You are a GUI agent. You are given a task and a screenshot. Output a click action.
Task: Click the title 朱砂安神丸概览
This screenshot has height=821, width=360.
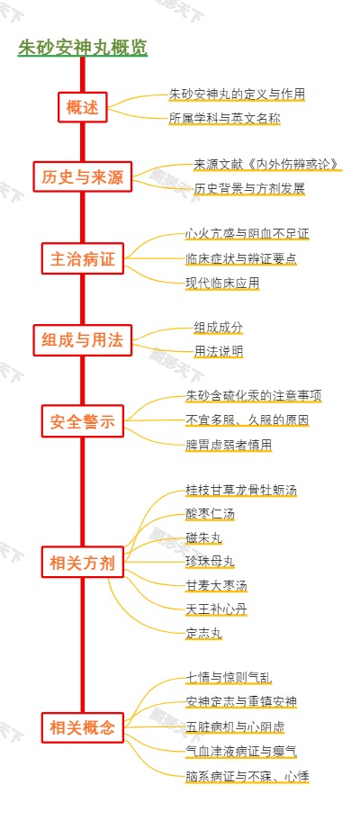pos(83,48)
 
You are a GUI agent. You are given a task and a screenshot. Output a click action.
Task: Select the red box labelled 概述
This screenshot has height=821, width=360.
pos(83,108)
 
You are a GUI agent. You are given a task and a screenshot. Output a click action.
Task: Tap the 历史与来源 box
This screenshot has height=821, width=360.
pos(83,177)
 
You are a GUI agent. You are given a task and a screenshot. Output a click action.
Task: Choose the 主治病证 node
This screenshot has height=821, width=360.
pos(83,259)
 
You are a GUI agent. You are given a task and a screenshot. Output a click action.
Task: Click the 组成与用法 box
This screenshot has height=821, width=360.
pos(83,339)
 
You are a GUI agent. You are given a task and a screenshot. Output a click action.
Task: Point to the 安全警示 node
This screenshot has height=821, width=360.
pos(83,420)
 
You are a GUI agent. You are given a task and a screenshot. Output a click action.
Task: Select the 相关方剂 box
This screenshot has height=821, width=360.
pos(83,564)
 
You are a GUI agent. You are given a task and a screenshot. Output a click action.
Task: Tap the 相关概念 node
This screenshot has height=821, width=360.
pos(83,727)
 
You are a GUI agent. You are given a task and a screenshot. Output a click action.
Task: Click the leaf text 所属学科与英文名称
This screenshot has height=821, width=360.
pos(224,118)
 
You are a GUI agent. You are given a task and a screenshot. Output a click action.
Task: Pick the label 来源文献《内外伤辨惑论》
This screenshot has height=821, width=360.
pos(266,164)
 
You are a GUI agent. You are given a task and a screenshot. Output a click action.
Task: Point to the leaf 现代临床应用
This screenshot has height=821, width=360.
pos(222,283)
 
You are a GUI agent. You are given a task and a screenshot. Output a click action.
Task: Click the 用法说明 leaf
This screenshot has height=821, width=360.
pos(218,351)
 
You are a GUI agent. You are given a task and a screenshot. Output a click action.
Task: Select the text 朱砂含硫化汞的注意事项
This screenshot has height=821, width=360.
pos(253,395)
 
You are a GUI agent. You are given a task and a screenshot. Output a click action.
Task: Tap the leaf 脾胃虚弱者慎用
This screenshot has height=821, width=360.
pos(229,444)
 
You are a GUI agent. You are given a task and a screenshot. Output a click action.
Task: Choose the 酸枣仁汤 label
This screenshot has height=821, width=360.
pos(210,514)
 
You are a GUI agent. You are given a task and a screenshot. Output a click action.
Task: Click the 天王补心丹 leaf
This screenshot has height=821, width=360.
pos(216,609)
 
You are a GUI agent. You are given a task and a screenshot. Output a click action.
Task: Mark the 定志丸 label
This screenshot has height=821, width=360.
pos(203,632)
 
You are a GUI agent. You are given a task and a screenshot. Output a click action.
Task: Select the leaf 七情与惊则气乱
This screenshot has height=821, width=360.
pos(229,677)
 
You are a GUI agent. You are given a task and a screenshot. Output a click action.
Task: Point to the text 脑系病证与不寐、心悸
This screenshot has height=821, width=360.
pos(247,775)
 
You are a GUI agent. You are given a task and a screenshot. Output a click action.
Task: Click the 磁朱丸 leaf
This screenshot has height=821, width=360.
pos(203,537)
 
